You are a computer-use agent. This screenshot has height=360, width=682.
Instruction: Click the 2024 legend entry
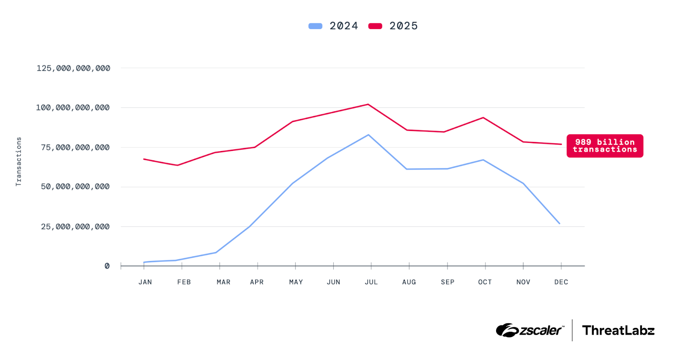(333, 26)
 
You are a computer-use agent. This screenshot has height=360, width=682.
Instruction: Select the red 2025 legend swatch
(375, 26)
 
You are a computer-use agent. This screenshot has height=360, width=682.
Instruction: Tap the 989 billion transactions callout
(604, 146)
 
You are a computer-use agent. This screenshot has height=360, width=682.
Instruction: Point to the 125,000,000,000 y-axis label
(73, 68)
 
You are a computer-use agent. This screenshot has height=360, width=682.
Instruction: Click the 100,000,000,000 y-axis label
(73, 107)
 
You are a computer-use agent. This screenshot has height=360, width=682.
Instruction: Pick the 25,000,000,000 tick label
(75, 226)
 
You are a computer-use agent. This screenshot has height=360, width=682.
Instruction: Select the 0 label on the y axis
(107, 266)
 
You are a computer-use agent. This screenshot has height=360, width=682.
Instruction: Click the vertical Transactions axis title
(18, 161)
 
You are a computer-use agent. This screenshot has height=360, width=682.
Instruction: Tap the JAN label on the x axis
(145, 282)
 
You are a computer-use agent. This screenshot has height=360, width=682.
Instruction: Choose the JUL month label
(371, 282)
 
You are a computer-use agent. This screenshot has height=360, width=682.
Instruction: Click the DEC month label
(561, 282)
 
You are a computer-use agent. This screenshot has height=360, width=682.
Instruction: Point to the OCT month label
(485, 282)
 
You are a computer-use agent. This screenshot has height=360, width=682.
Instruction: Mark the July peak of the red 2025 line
(368, 104)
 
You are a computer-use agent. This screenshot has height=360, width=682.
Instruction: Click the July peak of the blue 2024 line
(368, 135)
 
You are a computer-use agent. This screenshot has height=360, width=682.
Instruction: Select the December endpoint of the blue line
(559, 224)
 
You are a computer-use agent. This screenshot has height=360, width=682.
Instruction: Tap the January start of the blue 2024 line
(144, 262)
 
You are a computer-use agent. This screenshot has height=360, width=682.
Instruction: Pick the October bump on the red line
(483, 117)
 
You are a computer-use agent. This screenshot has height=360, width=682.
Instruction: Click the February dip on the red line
(177, 165)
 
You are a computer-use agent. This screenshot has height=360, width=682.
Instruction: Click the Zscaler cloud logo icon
(507, 330)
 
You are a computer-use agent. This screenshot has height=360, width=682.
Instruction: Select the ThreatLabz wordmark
(618, 331)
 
